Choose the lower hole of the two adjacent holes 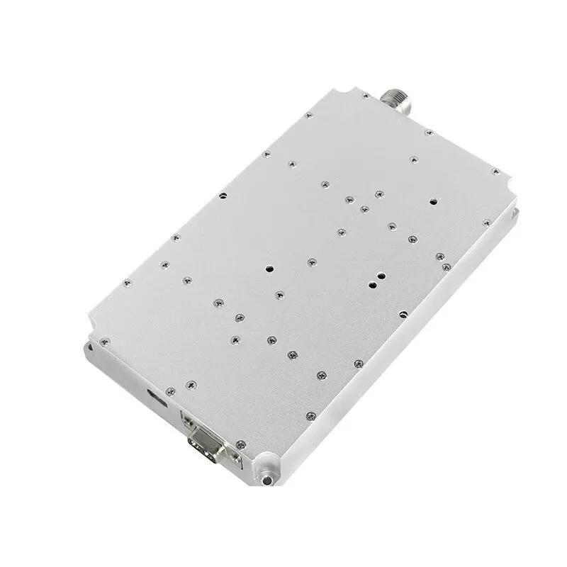[x=372, y=286]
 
